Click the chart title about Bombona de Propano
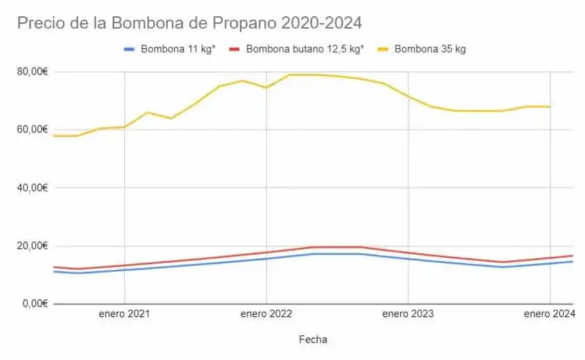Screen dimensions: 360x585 tap(190, 22)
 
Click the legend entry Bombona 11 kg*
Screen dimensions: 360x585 tap(179, 49)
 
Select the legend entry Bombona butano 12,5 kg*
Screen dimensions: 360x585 tap(305, 49)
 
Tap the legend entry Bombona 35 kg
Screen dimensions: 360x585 tap(429, 49)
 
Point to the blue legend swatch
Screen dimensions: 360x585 tap(130, 49)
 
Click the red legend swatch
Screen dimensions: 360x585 tap(235, 49)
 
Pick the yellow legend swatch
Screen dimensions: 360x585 tap(384, 49)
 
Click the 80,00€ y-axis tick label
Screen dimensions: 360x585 tap(31, 71)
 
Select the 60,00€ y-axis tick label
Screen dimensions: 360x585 tap(31, 129)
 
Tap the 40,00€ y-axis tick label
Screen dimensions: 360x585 tap(31, 187)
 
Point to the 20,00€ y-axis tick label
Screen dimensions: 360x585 tap(31, 245)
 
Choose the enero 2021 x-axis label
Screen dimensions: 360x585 tap(124, 314)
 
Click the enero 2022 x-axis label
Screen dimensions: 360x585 tap(266, 314)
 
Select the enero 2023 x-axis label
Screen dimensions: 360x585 tap(408, 314)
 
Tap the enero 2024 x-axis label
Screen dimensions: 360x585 tap(549, 314)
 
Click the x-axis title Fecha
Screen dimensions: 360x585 tap(313, 338)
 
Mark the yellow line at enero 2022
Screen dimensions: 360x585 tap(266, 87)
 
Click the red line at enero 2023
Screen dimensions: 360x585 tap(408, 253)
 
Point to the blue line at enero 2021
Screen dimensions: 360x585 tap(124, 270)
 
